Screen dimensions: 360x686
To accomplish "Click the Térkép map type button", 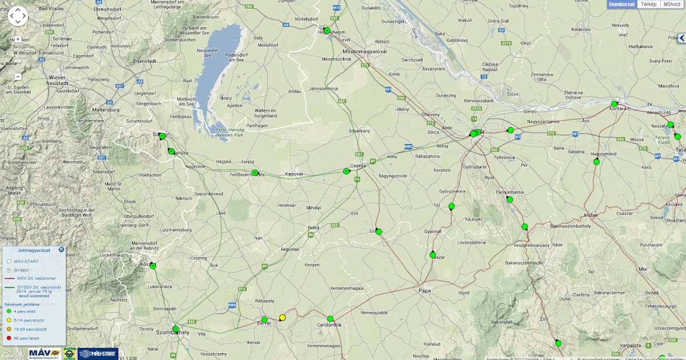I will (x=648, y=4).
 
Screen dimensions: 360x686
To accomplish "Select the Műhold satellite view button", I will (x=672, y=4).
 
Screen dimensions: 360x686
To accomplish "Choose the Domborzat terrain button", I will (x=622, y=4).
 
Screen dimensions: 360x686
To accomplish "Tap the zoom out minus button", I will (x=18, y=76).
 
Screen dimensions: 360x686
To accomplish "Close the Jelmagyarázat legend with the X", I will (x=61, y=250).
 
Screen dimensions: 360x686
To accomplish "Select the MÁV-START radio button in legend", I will (x=9, y=261).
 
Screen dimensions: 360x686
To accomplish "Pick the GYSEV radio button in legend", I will (x=9, y=270).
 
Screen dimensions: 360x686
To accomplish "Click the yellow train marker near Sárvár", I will (x=282, y=318).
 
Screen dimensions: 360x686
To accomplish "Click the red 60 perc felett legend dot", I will (x=9, y=338).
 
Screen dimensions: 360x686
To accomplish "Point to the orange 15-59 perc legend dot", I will (x=9, y=329).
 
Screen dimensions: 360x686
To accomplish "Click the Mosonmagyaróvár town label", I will (x=365, y=51).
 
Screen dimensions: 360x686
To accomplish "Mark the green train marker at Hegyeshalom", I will (x=327, y=30).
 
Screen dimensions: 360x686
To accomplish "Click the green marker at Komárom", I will (x=614, y=105).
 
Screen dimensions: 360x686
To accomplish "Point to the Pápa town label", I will (x=424, y=290).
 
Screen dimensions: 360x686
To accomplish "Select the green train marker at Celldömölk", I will (x=330, y=319).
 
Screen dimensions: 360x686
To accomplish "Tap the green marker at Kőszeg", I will (x=153, y=266).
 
